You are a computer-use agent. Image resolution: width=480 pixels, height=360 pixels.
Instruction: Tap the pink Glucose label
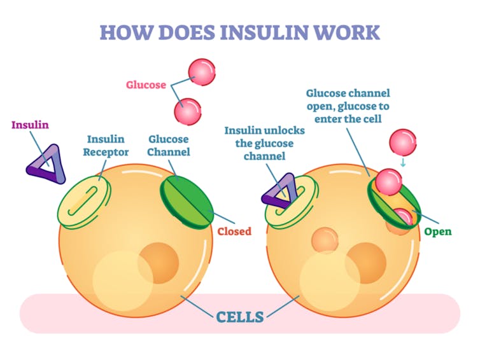[146, 85]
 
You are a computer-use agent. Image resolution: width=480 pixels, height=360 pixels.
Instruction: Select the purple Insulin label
[31, 125]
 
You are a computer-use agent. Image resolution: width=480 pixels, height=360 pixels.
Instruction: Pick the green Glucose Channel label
[169, 146]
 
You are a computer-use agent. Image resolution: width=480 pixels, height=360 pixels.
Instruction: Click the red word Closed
[234, 232]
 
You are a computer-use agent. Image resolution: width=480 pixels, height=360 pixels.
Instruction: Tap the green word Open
[438, 232]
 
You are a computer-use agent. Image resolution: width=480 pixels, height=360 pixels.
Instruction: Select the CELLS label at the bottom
[239, 316]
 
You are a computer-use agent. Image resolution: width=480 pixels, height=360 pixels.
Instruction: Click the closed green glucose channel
[187, 200]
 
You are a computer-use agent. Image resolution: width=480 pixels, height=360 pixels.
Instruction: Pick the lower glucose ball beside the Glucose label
[187, 111]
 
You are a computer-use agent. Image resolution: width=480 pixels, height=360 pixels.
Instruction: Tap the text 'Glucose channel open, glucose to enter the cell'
[347, 106]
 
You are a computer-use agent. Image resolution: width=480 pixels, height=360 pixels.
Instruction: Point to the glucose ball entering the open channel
[388, 183]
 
